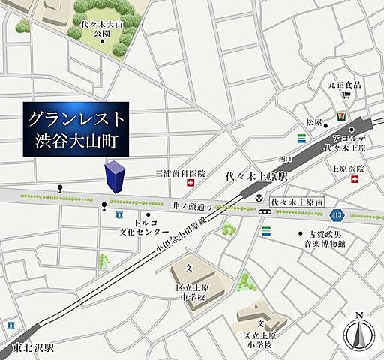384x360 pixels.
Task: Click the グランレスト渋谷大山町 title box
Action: tap(75, 129)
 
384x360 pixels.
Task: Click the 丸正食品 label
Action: tap(344, 85)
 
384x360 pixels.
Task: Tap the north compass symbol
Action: tap(358, 330)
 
